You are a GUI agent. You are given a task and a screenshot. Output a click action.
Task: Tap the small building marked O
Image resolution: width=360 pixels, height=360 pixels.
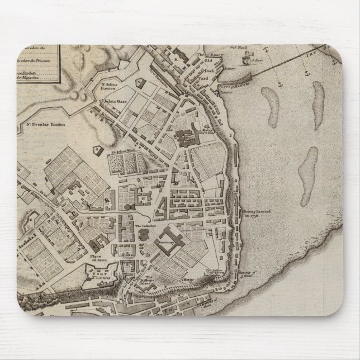point(97,149)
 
